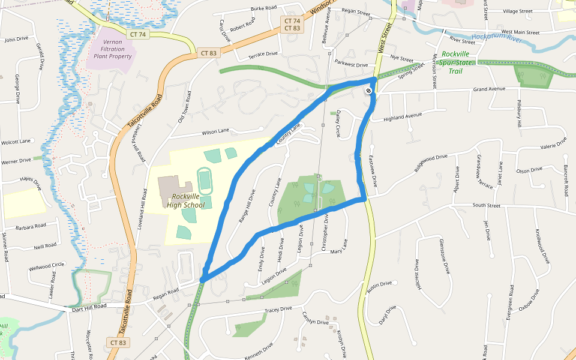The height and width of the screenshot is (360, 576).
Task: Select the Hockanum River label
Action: [497, 38]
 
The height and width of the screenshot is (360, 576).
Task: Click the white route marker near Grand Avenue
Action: [368, 91]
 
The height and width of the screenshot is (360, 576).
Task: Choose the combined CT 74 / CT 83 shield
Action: [292, 25]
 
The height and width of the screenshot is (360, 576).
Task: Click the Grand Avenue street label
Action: [489, 89]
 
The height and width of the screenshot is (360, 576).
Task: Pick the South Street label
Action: [486, 205]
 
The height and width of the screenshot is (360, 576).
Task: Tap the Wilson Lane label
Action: [215, 131]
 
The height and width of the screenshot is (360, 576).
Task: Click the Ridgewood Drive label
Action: [430, 163]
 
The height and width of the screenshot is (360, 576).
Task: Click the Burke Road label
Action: [263, 8]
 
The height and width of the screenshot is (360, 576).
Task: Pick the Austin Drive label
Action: [379, 288]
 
